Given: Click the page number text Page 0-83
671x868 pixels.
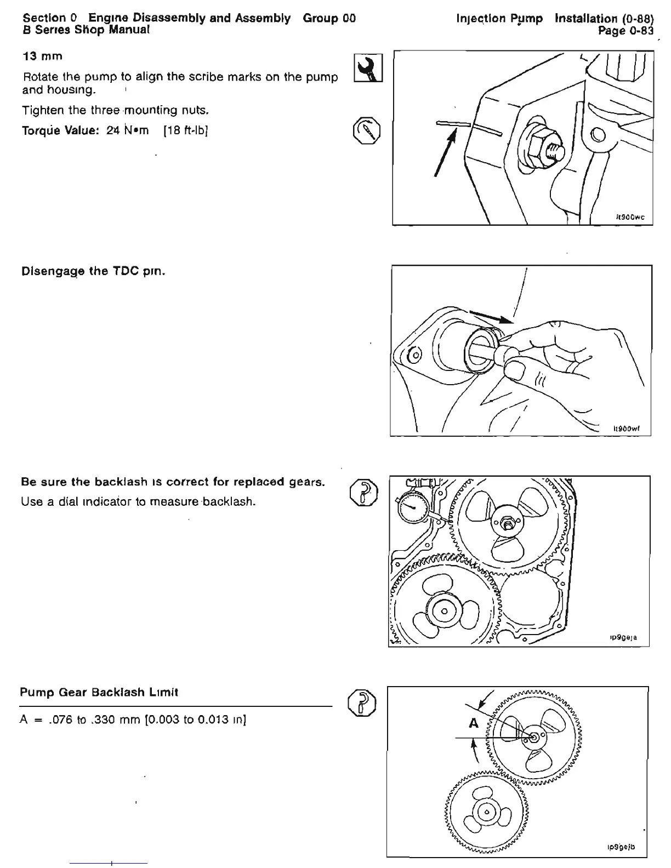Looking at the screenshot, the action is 625,31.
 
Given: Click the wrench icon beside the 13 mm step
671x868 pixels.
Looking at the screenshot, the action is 368,68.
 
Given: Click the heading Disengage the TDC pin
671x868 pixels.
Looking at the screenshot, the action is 93,271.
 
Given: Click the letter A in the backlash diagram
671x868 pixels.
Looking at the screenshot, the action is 474,724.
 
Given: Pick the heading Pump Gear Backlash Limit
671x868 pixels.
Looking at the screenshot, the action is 99,692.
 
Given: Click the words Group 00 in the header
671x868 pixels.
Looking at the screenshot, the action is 329,18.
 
